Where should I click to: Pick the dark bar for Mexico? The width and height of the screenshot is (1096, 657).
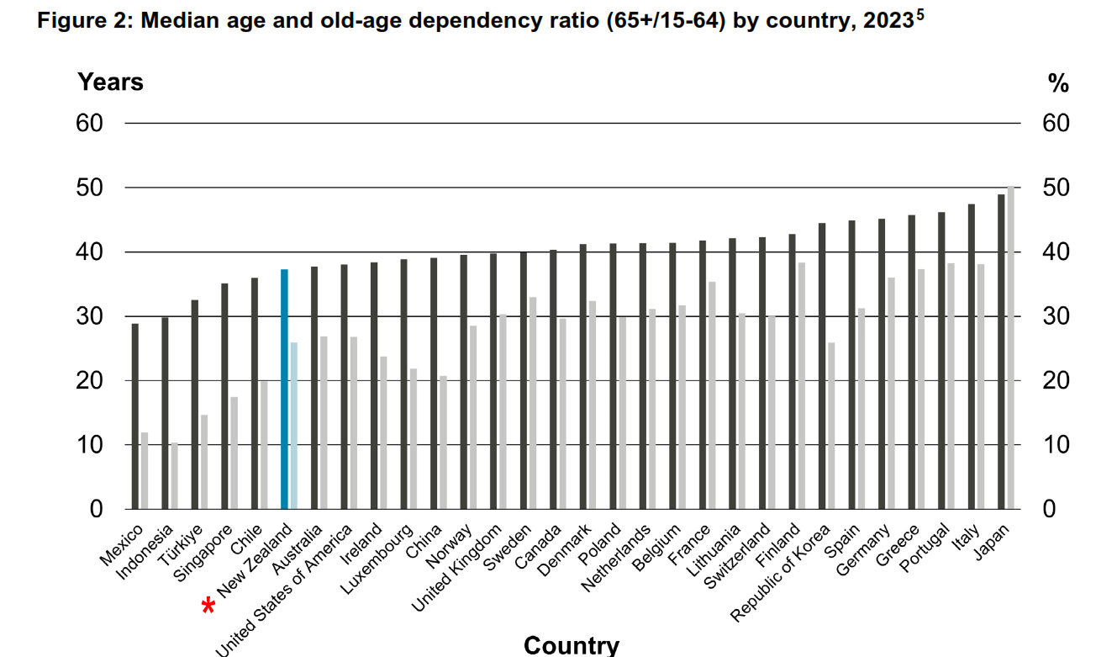point(135,416)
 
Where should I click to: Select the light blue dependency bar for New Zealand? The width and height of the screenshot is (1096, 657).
point(293,426)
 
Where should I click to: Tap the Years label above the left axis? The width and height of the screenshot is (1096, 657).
point(110,82)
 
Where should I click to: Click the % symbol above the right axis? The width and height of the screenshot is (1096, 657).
point(1057,83)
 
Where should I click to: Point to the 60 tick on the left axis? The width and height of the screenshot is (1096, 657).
point(90,124)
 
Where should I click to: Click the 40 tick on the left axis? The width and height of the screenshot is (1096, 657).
point(90,252)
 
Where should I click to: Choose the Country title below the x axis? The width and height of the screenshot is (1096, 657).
point(571,645)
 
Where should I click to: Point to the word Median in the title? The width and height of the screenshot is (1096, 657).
point(178,22)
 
